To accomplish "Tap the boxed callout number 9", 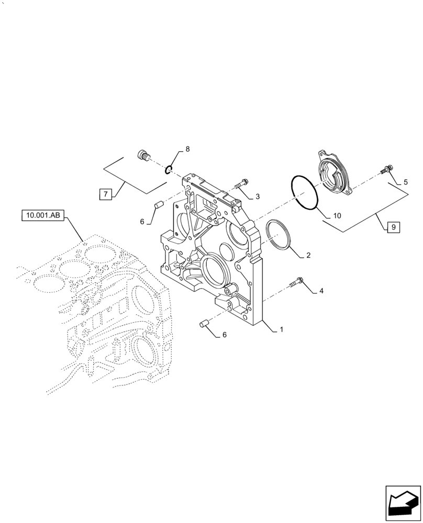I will pyautogui.click(x=392, y=227).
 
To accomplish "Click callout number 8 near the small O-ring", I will pyautogui.click(x=187, y=149).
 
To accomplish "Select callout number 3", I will pyautogui.click(x=258, y=197).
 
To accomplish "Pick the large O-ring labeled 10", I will pyautogui.click(x=304, y=192).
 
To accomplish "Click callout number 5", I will pyautogui.click(x=405, y=183).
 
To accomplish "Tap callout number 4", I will pyautogui.click(x=321, y=291).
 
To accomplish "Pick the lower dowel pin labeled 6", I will pyautogui.click(x=205, y=324).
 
